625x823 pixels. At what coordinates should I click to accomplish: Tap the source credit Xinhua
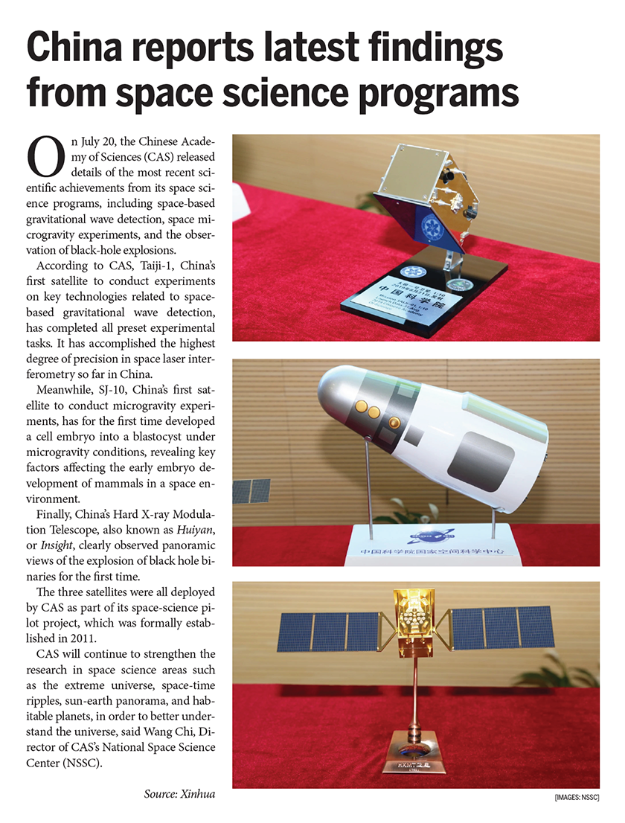click(x=196, y=794)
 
